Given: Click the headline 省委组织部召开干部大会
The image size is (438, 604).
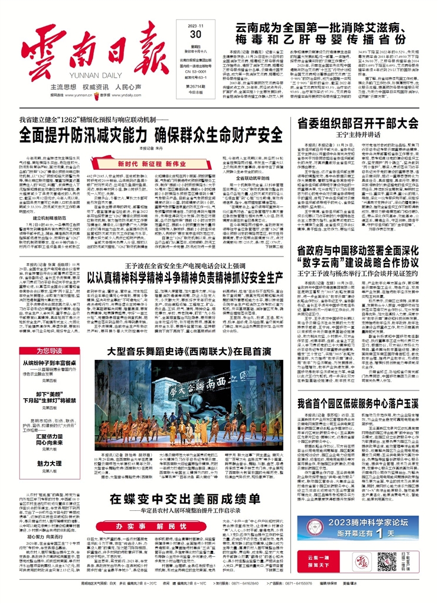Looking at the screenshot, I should click(360, 123).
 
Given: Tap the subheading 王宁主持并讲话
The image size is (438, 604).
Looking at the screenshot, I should click(360, 135).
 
